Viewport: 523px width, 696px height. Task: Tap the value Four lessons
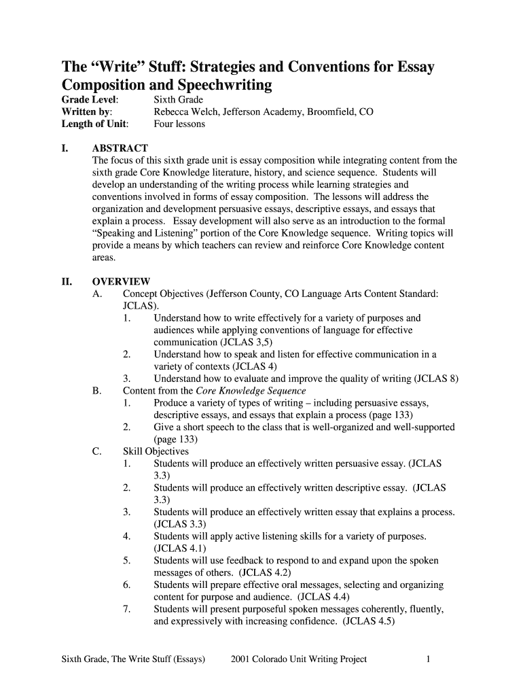click(179, 124)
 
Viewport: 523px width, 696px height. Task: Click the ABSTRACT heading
click(120, 148)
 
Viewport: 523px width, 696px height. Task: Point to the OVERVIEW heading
click(121, 281)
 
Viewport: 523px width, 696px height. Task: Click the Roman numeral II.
click(67, 281)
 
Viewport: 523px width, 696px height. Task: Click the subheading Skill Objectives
click(156, 451)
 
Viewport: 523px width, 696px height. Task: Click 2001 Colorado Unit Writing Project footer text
click(299, 659)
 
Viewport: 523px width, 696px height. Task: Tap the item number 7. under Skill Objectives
click(127, 609)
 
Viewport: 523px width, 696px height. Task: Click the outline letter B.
click(96, 391)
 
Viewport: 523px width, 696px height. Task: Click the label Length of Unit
click(94, 124)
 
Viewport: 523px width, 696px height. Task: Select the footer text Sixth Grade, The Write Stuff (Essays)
click(133, 659)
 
